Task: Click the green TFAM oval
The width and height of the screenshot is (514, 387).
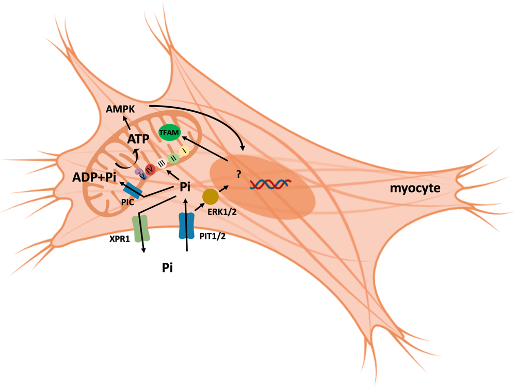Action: pos(170,132)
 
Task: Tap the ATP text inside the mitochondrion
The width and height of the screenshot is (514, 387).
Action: pos(138,140)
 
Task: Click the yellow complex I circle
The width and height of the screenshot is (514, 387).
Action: pos(184,149)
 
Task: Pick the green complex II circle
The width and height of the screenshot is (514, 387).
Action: pos(174,156)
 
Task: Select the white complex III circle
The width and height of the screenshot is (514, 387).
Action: pos(162,162)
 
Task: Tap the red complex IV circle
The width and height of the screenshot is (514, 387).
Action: pos(150,169)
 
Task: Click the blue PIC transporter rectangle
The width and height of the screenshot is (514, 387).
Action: pos(133,190)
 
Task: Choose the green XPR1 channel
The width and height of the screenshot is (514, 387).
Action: pos(140,228)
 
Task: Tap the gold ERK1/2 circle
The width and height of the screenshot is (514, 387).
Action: pos(211,196)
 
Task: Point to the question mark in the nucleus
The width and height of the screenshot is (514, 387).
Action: pos(238,174)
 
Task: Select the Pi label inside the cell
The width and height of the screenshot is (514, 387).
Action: pos(185,187)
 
